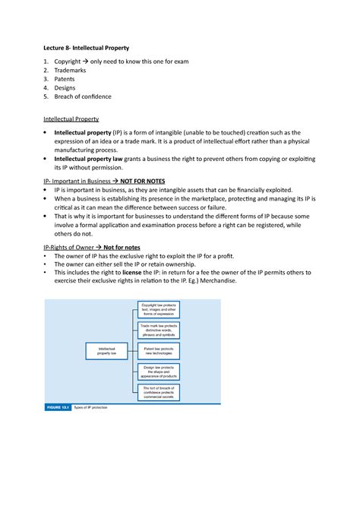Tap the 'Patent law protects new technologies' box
[159, 350]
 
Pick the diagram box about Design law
[159, 371]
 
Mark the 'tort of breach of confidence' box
[159, 392]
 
